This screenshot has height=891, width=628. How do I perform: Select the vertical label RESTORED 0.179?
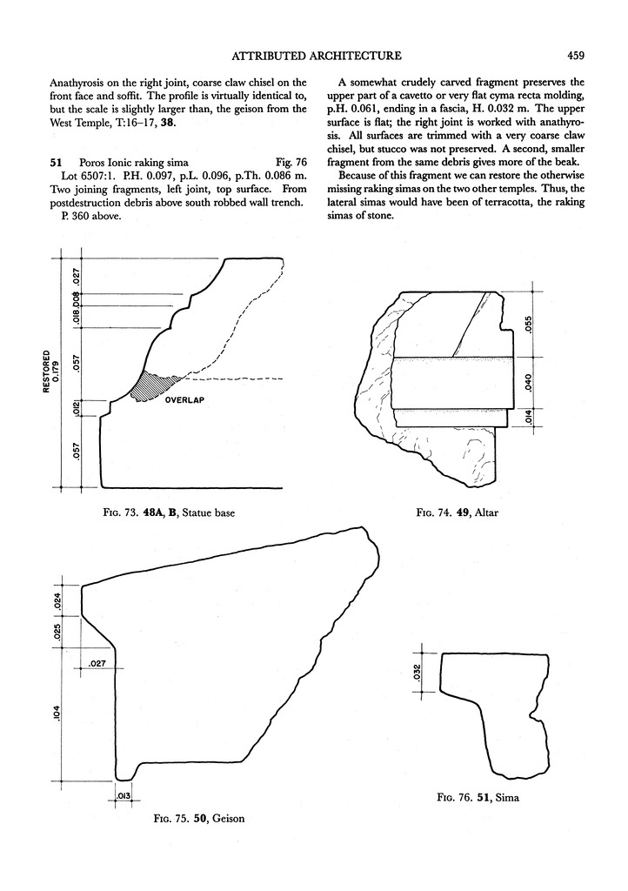(51, 369)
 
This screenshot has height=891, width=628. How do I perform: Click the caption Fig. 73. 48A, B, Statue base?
(169, 513)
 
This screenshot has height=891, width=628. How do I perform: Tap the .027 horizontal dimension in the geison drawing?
(97, 664)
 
